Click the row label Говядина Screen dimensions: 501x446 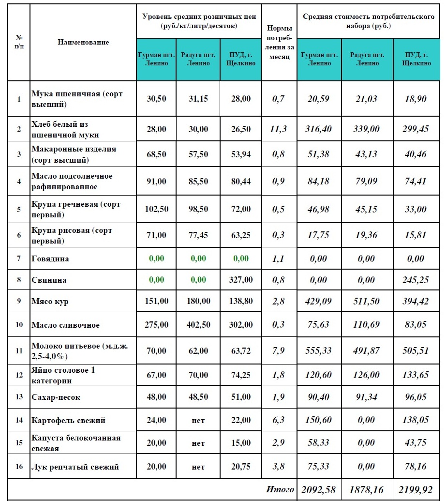point(50,258)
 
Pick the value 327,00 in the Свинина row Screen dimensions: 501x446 point(240,280)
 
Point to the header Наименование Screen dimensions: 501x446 point(83,42)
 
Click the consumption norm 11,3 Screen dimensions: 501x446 point(278,129)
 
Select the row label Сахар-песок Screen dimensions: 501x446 point(56,397)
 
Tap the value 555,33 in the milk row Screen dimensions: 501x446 point(319,350)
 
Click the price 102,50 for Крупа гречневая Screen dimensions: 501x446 point(156,209)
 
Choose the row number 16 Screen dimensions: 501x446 point(19,467)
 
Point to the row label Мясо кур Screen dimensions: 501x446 point(50,301)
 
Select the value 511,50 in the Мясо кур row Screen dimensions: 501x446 point(367,301)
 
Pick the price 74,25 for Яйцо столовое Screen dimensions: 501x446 point(240,375)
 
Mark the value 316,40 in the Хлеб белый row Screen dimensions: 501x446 point(319,129)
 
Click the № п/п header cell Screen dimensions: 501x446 point(19,42)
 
